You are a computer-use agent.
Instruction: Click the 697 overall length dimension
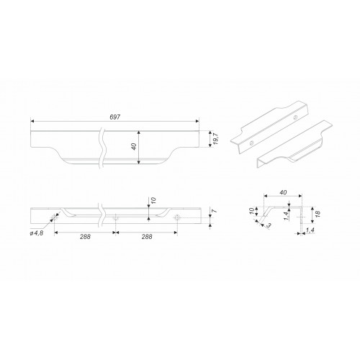click(114, 117)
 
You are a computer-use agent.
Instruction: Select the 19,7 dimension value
click(215, 139)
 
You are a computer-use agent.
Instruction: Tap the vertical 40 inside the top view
click(134, 146)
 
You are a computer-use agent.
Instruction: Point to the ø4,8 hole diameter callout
click(37, 233)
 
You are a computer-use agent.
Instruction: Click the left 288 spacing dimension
click(85, 237)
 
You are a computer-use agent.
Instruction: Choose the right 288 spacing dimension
click(147, 237)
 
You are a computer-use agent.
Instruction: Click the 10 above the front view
click(153, 200)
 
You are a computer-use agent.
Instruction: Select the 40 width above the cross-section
click(283, 192)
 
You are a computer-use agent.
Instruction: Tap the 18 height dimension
click(317, 214)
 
